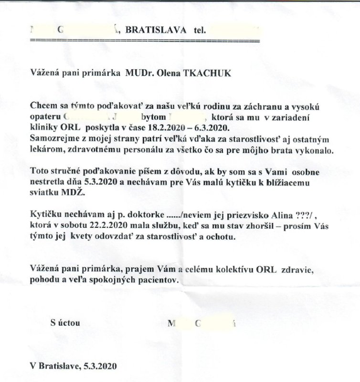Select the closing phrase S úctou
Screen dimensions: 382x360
[x=65, y=323]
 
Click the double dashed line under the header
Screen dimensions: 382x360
[x=144, y=41]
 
